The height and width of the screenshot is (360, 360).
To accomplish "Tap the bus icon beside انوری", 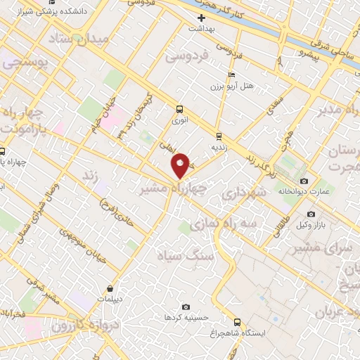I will (x=180, y=109).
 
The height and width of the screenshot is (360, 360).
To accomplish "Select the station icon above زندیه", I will (x=219, y=136).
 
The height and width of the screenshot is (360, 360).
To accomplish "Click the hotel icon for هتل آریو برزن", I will (x=232, y=75).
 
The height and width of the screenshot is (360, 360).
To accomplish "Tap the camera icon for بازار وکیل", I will (x=311, y=214).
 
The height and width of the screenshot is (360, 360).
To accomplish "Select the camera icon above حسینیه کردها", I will (x=186, y=307).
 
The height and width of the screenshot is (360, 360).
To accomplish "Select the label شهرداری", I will (x=242, y=193).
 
